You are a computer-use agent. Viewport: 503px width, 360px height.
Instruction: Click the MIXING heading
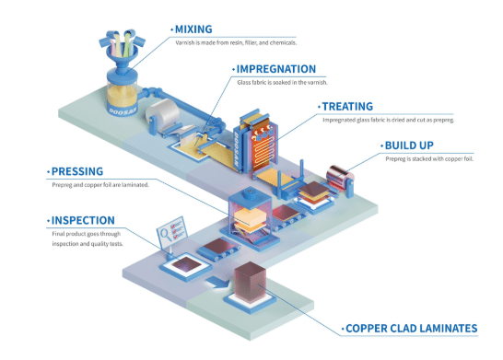198,29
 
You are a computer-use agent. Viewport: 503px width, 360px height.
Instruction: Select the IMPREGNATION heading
276,69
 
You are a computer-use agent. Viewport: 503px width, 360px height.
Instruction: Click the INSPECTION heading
84,221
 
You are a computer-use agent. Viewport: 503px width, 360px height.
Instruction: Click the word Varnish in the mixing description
187,42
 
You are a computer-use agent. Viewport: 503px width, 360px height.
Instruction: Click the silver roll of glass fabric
169,117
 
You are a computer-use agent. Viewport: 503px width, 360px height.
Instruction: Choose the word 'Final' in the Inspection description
60,235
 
